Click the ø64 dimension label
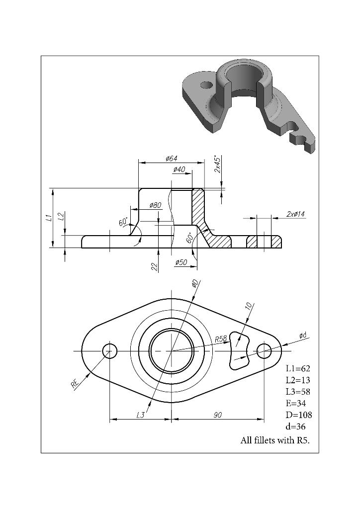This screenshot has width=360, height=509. pos(171,159)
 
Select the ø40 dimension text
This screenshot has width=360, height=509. pos(179,170)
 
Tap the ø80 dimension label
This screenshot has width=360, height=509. pos(155,205)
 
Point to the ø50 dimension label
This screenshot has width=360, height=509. pos(181,262)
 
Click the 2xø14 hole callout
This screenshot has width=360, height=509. pos(296,214)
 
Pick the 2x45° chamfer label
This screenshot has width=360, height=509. pos(218,164)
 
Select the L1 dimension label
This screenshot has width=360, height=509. pos(48,217)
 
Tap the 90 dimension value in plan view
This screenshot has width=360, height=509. pos(217,415)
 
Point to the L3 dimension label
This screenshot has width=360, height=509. pos(141,415)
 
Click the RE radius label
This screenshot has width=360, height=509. pos(75,383)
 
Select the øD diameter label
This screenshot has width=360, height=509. pos(195,283)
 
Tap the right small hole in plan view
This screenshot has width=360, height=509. pos(264,351)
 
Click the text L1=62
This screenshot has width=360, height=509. pos(298,368)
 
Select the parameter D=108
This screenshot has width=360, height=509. pos(298,415)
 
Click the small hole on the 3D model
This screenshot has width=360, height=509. pos(206,85)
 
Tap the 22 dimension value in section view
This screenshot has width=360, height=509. pos(155,266)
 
